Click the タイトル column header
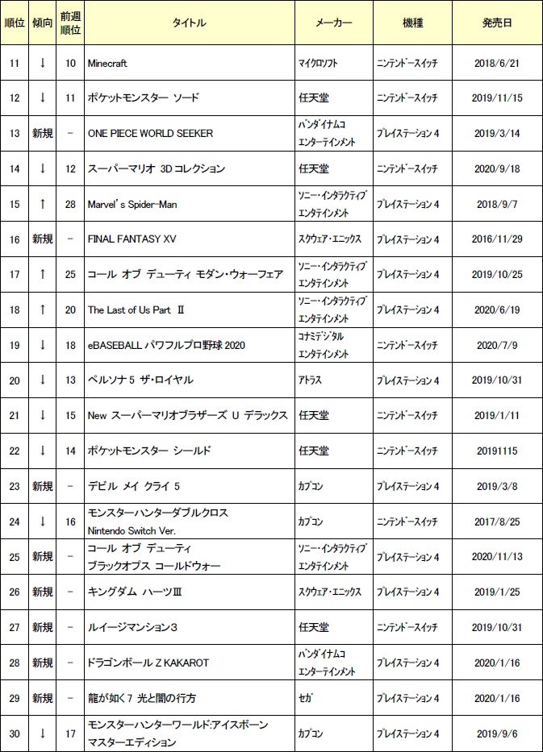coord(189,23)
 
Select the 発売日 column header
coord(496,23)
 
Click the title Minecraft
coord(107,63)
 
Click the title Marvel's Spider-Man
coord(132,204)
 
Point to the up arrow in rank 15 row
coord(42,204)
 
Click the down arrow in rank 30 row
coord(42,733)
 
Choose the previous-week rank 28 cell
coord(70,204)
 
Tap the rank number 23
coord(14,486)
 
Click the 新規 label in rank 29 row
coord(42,698)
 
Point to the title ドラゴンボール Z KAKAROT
coord(148,663)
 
